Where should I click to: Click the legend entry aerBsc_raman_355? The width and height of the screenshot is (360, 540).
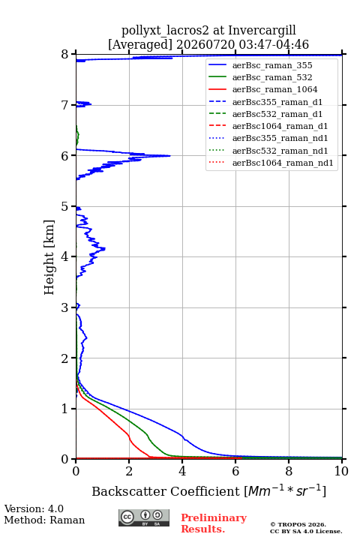pyautogui.click(x=272, y=65)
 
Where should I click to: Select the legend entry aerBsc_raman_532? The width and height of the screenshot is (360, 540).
pyautogui.click(x=272, y=77)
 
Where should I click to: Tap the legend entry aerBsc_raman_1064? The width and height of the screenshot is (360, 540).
pyautogui.click(x=275, y=89)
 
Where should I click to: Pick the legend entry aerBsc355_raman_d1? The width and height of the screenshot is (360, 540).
pyautogui.click(x=277, y=102)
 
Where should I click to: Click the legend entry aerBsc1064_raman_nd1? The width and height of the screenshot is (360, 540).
pyautogui.click(x=283, y=163)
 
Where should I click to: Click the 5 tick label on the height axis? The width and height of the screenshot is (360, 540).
pyautogui.click(x=64, y=207)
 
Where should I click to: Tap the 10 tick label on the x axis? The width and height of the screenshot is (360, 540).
pyautogui.click(x=341, y=471)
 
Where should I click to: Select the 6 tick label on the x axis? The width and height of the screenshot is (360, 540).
pyautogui.click(x=235, y=471)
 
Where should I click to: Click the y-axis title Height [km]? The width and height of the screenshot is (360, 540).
pyautogui.click(x=49, y=257)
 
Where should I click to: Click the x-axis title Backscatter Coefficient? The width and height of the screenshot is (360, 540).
pyautogui.click(x=166, y=491)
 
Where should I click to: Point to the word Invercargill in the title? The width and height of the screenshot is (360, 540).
pyautogui.click(x=262, y=31)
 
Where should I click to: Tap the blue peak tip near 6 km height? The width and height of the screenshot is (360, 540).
pyautogui.click(x=170, y=156)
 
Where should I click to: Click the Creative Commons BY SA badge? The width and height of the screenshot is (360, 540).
pyautogui.click(x=144, y=517)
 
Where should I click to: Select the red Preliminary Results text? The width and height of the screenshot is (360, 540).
pyautogui.click(x=214, y=523)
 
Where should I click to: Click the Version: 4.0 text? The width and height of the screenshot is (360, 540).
pyautogui.click(x=34, y=508)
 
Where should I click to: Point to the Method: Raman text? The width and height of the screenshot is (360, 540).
pyautogui.click(x=44, y=520)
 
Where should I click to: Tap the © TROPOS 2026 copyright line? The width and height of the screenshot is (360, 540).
pyautogui.click(x=298, y=524)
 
